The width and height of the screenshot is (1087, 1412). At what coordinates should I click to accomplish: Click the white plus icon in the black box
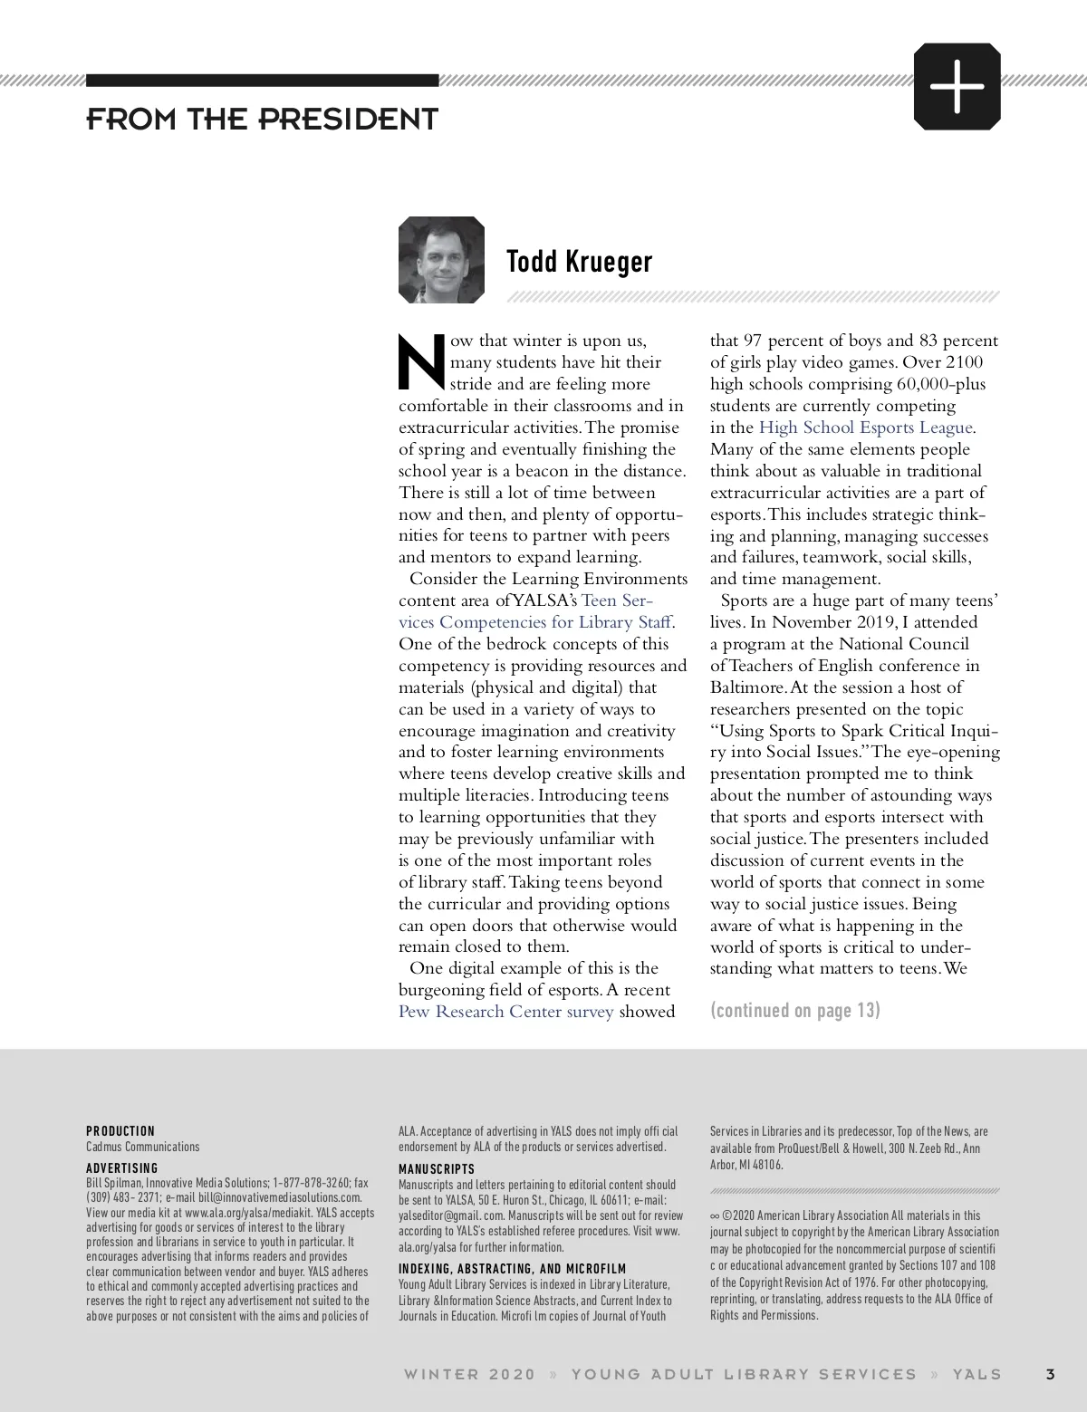[x=957, y=87]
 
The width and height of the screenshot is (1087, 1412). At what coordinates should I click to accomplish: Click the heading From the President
[x=262, y=119]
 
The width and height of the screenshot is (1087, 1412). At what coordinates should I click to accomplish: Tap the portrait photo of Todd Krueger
[x=441, y=260]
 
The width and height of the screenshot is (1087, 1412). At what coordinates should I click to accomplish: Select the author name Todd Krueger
[x=579, y=261]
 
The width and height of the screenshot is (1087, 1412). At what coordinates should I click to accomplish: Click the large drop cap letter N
[x=421, y=360]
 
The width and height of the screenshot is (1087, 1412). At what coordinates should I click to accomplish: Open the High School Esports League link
[x=866, y=427]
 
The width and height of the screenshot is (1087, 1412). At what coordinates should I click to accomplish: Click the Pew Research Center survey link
[x=505, y=1012]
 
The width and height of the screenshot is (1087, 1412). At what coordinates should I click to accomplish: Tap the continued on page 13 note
[x=794, y=1010]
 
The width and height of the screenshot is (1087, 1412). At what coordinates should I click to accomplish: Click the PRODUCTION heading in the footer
[x=120, y=1131]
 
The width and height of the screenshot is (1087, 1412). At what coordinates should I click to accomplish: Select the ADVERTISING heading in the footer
[x=122, y=1168]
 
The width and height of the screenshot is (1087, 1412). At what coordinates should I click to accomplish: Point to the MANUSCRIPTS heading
[x=437, y=1169]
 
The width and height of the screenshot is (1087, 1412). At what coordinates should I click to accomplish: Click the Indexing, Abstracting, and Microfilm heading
[x=512, y=1269]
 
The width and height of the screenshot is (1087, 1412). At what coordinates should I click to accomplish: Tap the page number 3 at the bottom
[x=1050, y=1374]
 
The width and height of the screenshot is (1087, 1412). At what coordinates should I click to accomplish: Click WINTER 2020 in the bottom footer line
[x=469, y=1374]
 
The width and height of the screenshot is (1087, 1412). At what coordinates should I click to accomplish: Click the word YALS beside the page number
[x=976, y=1374]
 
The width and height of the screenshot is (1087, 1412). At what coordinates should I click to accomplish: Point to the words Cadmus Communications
[x=142, y=1147]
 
